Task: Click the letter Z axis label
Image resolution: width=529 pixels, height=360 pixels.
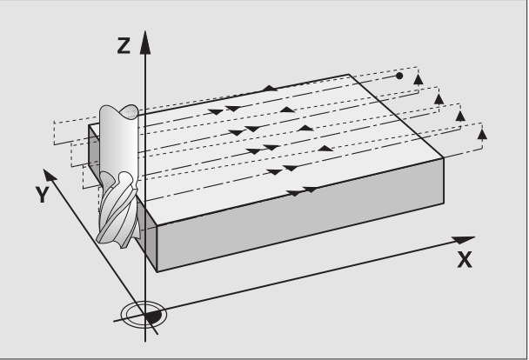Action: pyautogui.click(x=124, y=46)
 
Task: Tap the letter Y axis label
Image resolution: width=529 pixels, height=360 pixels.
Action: pyautogui.click(x=43, y=195)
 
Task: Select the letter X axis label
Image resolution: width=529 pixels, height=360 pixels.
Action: pyautogui.click(x=465, y=259)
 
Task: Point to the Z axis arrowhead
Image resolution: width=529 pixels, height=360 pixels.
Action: pyautogui.click(x=145, y=42)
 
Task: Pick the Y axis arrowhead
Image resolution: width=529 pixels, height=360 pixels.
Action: pyautogui.click(x=50, y=176)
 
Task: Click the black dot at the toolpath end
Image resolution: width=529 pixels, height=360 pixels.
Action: pyautogui.click(x=399, y=76)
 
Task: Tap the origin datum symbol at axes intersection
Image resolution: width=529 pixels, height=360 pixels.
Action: pyautogui.click(x=144, y=315)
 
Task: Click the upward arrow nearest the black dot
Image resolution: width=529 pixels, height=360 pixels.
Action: pyautogui.click(x=419, y=79)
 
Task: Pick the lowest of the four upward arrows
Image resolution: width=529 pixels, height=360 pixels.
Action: pyautogui.click(x=482, y=134)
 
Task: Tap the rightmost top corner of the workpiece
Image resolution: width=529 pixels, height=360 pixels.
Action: pyautogui.click(x=443, y=157)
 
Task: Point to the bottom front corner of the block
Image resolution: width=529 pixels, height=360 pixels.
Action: pyautogui.click(x=157, y=271)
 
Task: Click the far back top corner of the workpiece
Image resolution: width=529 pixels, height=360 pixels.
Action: pyautogui.click(x=349, y=75)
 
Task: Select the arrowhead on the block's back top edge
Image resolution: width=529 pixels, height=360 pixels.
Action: pyautogui.click(x=269, y=89)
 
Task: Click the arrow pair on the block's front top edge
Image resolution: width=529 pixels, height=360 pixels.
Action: pyautogui.click(x=302, y=191)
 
